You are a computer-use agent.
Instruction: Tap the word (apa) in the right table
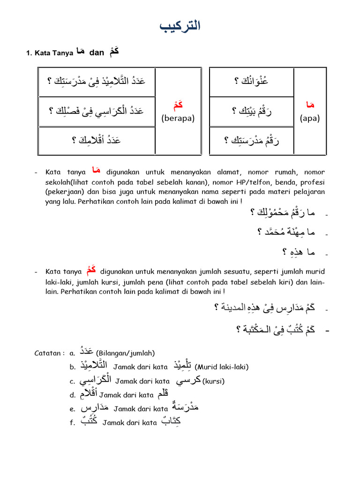click(309, 118)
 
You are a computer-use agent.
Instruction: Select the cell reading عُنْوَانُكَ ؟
click(251, 82)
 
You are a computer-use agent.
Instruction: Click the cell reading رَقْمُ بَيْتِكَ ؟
click(252, 111)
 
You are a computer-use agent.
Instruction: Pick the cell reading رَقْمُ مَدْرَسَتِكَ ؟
click(252, 140)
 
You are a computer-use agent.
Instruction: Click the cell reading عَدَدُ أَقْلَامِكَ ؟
click(96, 140)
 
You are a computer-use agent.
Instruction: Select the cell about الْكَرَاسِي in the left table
click(96, 111)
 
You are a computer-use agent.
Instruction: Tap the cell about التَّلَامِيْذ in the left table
click(96, 82)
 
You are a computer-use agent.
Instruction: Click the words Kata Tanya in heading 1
click(52, 53)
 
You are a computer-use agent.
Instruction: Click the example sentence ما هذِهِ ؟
click(298, 252)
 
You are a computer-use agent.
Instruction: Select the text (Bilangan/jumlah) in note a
click(125, 353)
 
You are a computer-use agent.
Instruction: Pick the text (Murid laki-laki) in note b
click(221, 367)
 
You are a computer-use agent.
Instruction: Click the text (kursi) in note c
click(213, 381)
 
